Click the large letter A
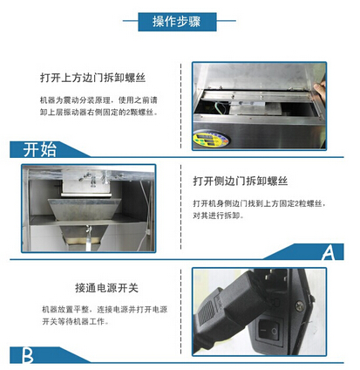coord(327,253)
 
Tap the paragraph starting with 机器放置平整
coord(96,316)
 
